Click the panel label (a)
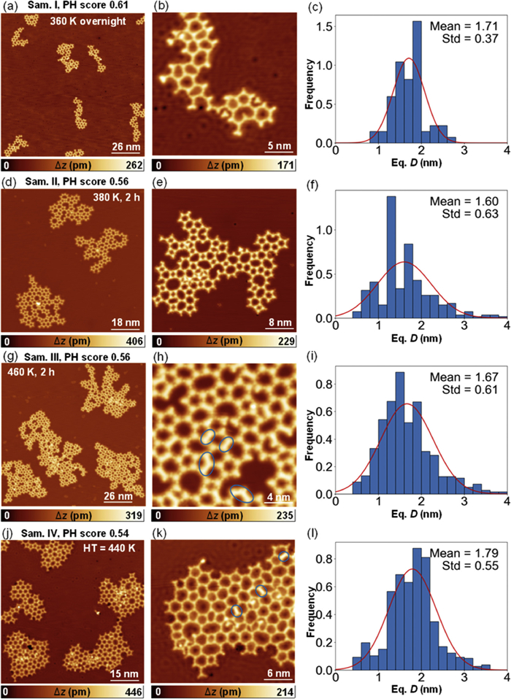tap(8, 7)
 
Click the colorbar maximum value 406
tap(137, 342)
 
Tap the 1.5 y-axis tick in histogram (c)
tap(326, 27)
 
